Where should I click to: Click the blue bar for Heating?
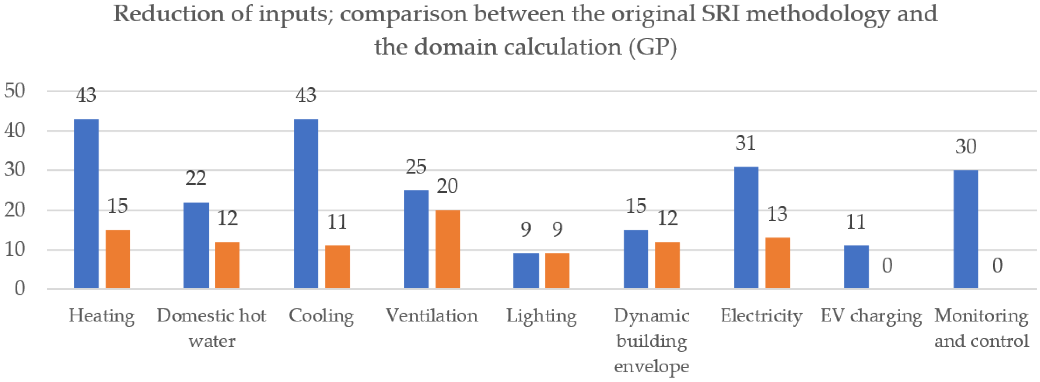click(x=86, y=204)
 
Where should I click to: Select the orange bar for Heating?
click(x=118, y=259)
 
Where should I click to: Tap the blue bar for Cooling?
click(x=306, y=204)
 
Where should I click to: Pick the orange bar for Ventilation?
click(x=448, y=250)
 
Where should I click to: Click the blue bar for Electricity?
click(x=746, y=228)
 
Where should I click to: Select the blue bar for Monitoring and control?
click(x=966, y=229)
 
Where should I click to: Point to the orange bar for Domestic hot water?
click(x=227, y=265)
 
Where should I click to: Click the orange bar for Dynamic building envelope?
click(x=667, y=265)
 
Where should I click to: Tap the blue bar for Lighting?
click(x=526, y=271)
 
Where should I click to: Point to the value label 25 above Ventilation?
click(x=416, y=167)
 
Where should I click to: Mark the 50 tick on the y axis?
click(x=15, y=91)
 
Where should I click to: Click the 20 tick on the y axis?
click(x=15, y=210)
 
